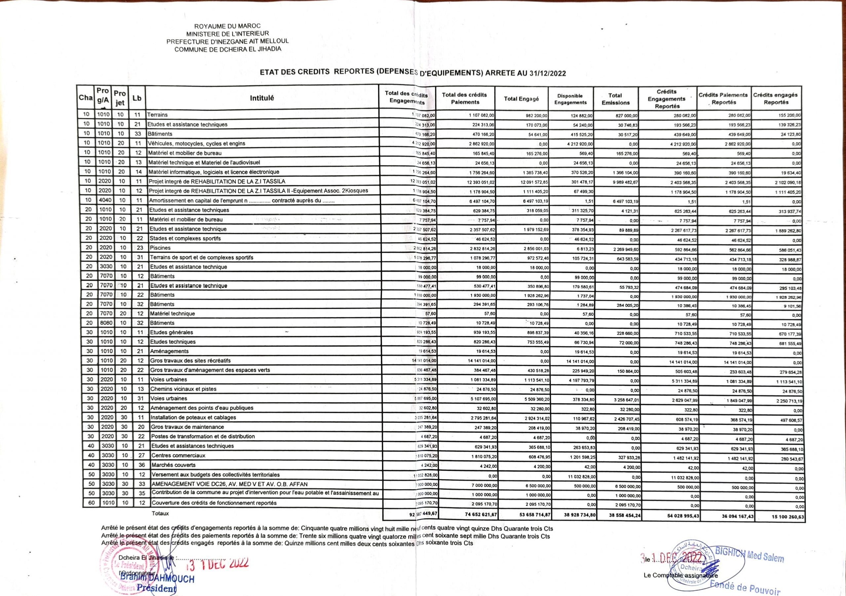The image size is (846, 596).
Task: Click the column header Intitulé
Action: pyautogui.click(x=262, y=98)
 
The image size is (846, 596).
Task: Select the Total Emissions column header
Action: pyautogui.click(x=615, y=99)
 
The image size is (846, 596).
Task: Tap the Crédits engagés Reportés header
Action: pyautogui.click(x=776, y=99)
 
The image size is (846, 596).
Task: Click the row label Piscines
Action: pyautogui.click(x=160, y=248)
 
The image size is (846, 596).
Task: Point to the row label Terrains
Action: pyautogui.click(x=157, y=115)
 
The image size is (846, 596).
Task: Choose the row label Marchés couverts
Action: pyautogui.click(x=173, y=465)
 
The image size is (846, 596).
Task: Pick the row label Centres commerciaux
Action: pyautogui.click(x=178, y=455)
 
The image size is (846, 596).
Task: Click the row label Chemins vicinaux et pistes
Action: pyautogui.click(x=183, y=389)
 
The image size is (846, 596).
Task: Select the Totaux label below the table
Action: pyautogui.click(x=160, y=513)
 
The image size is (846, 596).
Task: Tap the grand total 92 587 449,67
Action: pyautogui.click(x=419, y=514)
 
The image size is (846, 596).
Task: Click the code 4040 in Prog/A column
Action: pyautogui.click(x=105, y=200)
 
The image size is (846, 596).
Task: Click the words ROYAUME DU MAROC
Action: pyautogui.click(x=227, y=26)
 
